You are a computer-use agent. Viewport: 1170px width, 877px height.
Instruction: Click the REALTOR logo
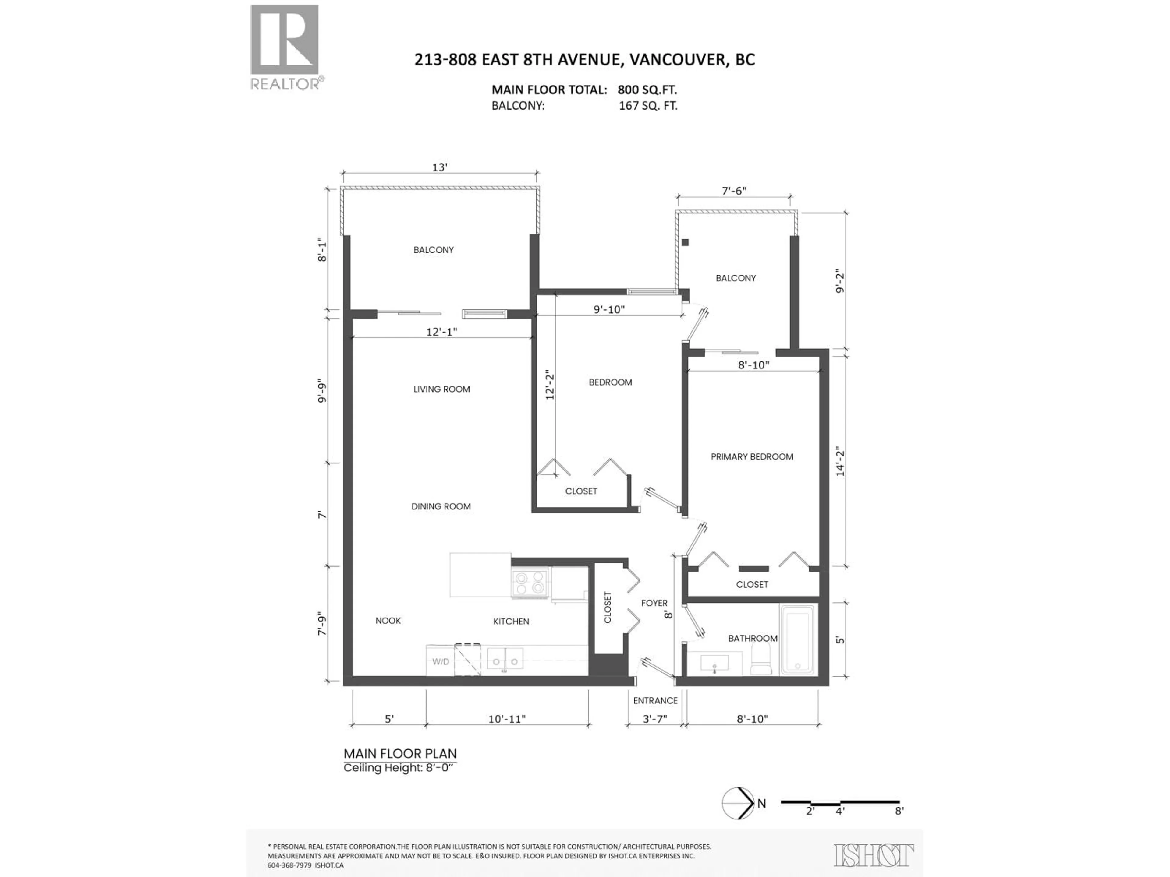tap(285, 47)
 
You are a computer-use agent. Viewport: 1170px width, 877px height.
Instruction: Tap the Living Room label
tap(442, 389)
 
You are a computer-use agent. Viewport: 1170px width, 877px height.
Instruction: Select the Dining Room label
tap(441, 506)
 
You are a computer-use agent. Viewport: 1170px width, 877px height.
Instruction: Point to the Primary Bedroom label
tap(752, 457)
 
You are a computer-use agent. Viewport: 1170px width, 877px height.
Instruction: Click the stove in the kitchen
tap(530, 583)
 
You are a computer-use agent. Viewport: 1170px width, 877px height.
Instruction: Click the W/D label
tap(441, 662)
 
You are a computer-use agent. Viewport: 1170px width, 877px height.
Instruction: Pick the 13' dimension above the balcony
tap(440, 167)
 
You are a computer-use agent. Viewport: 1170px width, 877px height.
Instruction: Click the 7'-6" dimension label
tap(734, 191)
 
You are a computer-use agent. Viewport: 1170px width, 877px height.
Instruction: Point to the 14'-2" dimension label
tap(840, 462)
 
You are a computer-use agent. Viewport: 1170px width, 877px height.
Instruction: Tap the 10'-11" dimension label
tap(507, 719)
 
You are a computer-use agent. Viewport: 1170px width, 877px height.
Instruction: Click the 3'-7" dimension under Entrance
tap(655, 719)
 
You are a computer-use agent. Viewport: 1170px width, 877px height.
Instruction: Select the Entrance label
tap(655, 700)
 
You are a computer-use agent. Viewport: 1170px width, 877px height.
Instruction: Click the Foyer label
tap(654, 603)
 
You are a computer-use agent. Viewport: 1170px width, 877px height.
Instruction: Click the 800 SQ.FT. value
tap(647, 90)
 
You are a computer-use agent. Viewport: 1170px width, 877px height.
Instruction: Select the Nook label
tap(388, 621)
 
